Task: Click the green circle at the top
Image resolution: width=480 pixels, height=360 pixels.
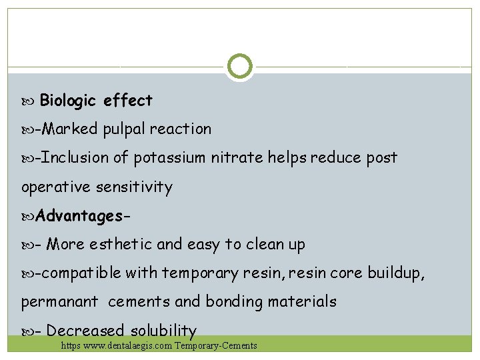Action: pyautogui.click(x=239, y=67)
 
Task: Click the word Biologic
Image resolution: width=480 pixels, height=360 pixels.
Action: pyautogui.click(x=69, y=101)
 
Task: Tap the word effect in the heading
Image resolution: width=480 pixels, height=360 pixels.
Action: pyautogui.click(x=128, y=101)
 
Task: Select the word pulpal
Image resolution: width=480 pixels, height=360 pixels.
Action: pyautogui.click(x=123, y=129)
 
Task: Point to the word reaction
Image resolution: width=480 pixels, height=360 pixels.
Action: pyautogui.click(x=181, y=129)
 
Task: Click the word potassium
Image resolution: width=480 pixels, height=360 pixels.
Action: pyautogui.click(x=170, y=158)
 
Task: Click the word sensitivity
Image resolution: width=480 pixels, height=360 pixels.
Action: pyautogui.click(x=134, y=187)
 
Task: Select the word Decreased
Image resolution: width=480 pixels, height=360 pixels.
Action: pyautogui.click(x=85, y=331)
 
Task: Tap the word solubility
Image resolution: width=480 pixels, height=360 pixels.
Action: pyautogui.click(x=163, y=331)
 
